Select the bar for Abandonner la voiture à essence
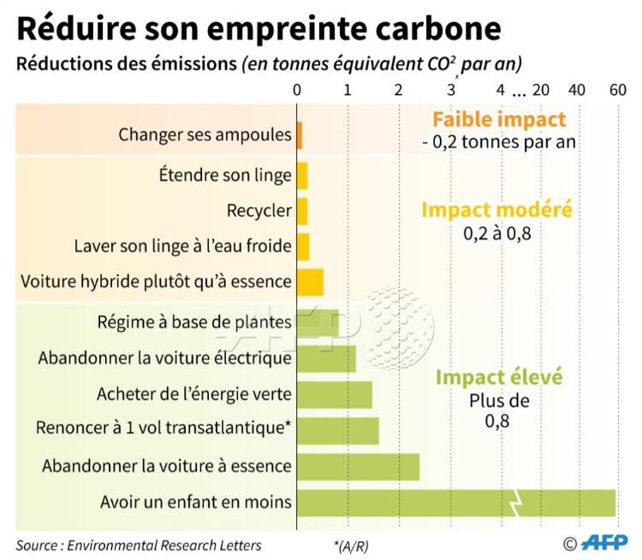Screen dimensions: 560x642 click(x=358, y=467)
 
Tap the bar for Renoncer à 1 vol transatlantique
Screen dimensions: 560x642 click(x=337, y=431)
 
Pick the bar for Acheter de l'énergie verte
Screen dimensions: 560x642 click(x=334, y=395)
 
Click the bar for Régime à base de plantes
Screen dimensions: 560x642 click(x=318, y=323)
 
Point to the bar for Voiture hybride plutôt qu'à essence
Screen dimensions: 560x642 click(x=310, y=282)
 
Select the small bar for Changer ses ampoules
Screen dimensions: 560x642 click(x=300, y=134)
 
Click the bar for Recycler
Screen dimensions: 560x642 click(x=302, y=211)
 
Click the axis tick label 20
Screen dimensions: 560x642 click(x=541, y=90)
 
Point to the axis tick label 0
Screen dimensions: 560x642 click(x=296, y=90)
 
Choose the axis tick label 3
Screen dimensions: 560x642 click(x=451, y=90)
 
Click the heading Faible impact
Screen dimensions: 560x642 click(x=499, y=120)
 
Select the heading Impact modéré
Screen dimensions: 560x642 click(x=496, y=210)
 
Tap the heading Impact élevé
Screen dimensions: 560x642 click(x=498, y=378)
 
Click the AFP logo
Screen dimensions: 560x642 click(x=604, y=542)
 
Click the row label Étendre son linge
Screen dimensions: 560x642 click(x=225, y=176)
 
